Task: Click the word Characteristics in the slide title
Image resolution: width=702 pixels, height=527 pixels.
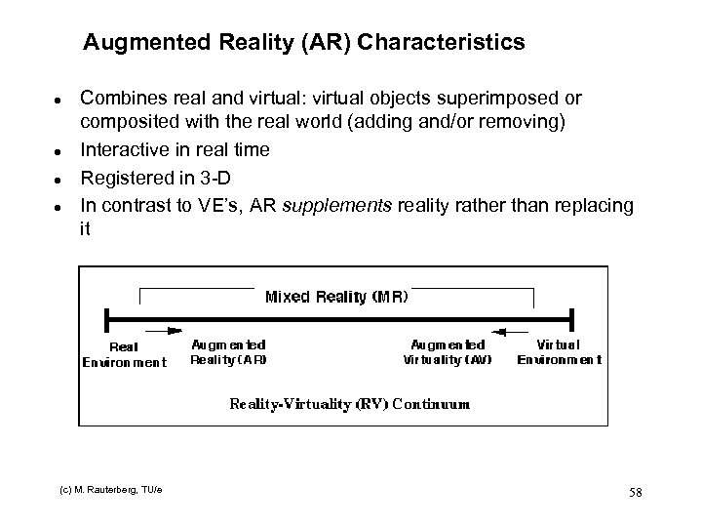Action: coord(449,43)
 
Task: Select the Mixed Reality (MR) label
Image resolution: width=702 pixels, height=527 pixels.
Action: coord(336,296)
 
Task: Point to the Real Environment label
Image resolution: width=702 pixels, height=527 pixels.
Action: coord(124,353)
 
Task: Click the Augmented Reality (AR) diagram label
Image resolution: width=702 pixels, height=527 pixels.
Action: coord(228,351)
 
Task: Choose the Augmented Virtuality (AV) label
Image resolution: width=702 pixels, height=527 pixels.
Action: coord(448,351)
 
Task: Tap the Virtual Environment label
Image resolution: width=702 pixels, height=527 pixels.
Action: coord(559,351)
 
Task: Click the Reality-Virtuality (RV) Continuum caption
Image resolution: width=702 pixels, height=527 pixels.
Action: coord(349,402)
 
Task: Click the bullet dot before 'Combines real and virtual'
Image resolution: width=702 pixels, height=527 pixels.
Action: coord(60,101)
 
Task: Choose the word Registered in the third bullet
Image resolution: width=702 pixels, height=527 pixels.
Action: coord(122,177)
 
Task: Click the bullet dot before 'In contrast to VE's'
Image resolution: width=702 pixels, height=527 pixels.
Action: coord(60,206)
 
